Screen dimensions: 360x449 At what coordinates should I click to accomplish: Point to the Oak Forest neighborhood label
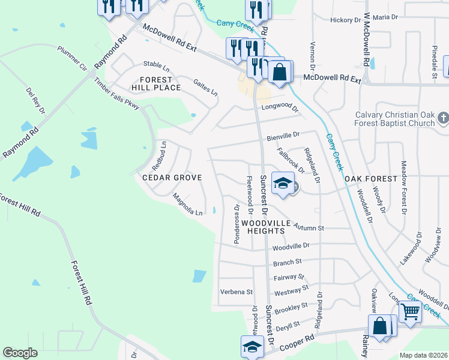(370, 179)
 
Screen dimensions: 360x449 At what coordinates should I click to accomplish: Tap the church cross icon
(443, 118)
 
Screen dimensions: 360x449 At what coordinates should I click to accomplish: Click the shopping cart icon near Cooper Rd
(410, 311)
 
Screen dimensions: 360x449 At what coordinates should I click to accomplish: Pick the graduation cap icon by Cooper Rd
(252, 346)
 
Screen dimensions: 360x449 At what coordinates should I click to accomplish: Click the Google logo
(20, 353)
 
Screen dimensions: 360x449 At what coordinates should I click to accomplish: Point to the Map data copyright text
(423, 355)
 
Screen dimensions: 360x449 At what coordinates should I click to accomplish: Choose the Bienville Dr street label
(283, 137)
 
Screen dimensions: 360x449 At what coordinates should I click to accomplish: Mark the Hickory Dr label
(345, 20)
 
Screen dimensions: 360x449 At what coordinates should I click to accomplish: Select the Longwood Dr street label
(279, 109)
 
